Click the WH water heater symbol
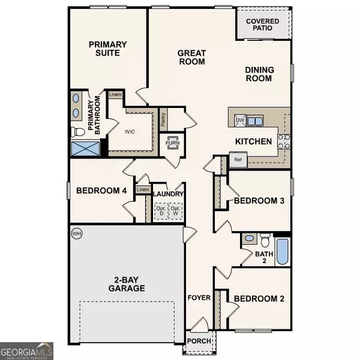(x=76, y=233)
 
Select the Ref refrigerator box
(x=237, y=160)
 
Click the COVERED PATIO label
(x=263, y=25)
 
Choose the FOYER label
(x=199, y=298)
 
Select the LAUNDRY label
(x=168, y=194)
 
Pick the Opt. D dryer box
(x=160, y=211)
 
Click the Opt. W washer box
(x=176, y=211)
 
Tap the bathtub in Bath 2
(x=282, y=253)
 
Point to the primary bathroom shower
(x=85, y=149)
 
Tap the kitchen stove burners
(x=284, y=141)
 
